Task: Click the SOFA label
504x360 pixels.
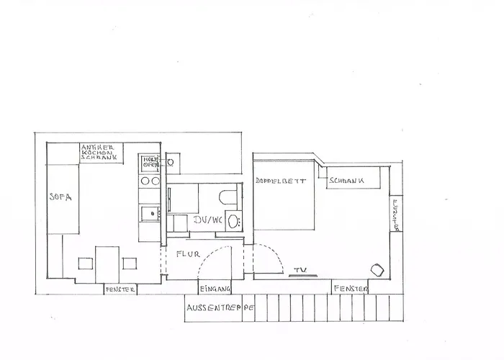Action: pyautogui.click(x=58, y=196)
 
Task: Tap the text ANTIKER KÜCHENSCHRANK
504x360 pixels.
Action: pyautogui.click(x=97, y=152)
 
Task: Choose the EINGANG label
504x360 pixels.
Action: pyautogui.click(x=215, y=289)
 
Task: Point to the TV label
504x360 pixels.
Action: pyautogui.click(x=300, y=270)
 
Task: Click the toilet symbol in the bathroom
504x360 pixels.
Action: pyautogui.click(x=227, y=197)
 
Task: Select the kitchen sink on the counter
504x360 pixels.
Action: pyautogui.click(x=151, y=212)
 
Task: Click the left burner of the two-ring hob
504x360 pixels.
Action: pyautogui.click(x=145, y=181)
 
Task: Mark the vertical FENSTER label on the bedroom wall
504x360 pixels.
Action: pyautogui.click(x=395, y=215)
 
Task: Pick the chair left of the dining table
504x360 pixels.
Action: pyautogui.click(x=85, y=264)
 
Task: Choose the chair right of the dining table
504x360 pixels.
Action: pyautogui.click(x=130, y=264)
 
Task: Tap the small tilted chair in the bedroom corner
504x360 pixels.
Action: pyautogui.click(x=377, y=269)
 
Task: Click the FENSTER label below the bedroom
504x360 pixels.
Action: pyautogui.click(x=350, y=289)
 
